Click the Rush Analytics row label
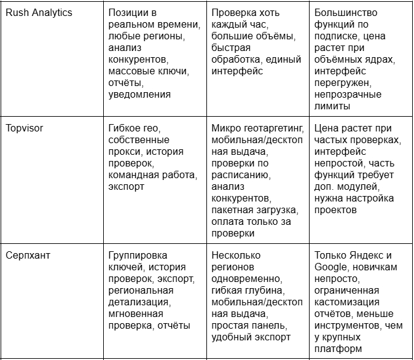(x=39, y=13)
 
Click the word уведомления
(x=139, y=95)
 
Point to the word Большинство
(x=346, y=13)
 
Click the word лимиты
(x=332, y=106)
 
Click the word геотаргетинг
(x=270, y=129)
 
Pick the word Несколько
(x=236, y=256)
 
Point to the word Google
(x=330, y=267)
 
